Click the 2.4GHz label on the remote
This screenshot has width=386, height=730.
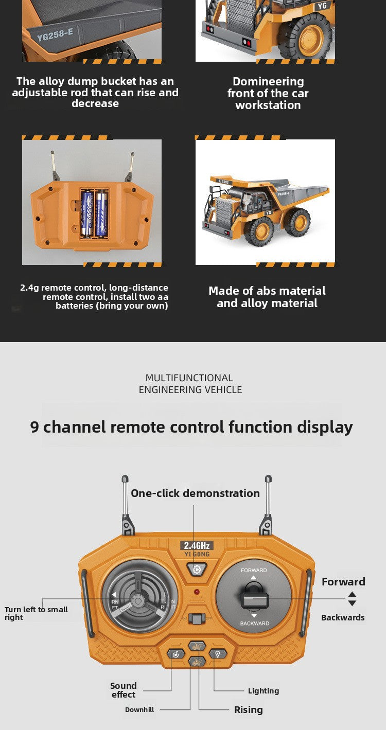[196, 545]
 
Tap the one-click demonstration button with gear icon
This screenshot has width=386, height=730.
[196, 569]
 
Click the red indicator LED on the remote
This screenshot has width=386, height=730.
[197, 592]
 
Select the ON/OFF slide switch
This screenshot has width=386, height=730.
[196, 618]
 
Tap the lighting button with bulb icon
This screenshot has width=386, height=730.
[218, 654]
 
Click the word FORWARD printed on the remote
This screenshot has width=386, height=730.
[254, 570]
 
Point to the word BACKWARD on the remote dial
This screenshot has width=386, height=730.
[254, 624]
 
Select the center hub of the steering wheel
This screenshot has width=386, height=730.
[138, 601]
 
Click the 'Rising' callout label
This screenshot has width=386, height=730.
[248, 709]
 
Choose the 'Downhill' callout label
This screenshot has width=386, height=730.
[139, 709]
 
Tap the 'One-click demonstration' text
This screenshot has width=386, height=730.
[195, 493]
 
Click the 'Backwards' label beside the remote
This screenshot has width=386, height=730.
[343, 617]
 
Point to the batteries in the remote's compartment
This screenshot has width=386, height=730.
[94, 213]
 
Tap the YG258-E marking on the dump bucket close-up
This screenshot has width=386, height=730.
[55, 34]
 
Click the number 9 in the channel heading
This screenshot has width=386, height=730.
[34, 426]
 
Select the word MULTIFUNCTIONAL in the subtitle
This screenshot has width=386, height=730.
[189, 378]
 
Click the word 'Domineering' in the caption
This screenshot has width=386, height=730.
[268, 81]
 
